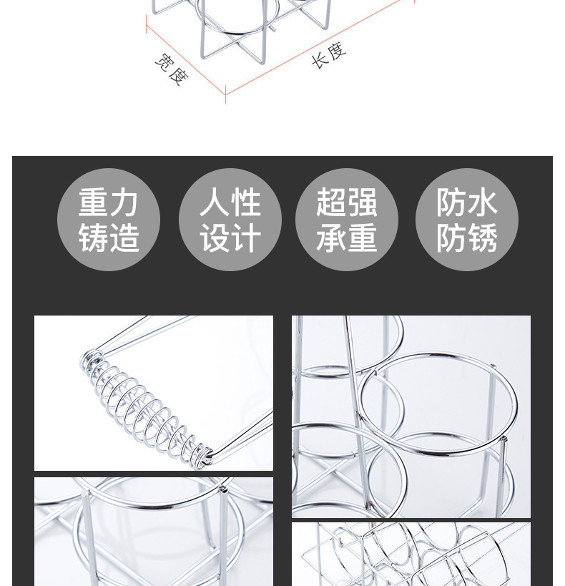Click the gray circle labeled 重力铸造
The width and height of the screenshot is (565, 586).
(x=109, y=220)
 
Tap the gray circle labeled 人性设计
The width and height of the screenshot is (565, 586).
(x=230, y=220)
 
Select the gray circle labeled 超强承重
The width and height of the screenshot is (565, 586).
(x=347, y=220)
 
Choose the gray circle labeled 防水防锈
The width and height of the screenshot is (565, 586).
(x=467, y=220)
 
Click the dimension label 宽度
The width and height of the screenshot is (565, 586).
(x=172, y=69)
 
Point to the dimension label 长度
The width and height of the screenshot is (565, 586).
(x=329, y=55)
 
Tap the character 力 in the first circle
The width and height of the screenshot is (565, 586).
(x=124, y=202)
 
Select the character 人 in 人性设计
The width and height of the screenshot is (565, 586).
(x=215, y=202)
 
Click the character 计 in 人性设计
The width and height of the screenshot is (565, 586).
(x=245, y=238)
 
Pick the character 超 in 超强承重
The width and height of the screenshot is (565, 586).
(x=331, y=202)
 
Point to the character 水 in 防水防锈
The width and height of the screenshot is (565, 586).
(x=482, y=202)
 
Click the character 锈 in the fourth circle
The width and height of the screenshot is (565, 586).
(x=482, y=238)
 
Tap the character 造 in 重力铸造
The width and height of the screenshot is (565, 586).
(x=124, y=238)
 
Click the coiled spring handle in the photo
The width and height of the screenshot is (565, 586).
(x=147, y=409)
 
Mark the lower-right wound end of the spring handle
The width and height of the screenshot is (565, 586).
(x=204, y=456)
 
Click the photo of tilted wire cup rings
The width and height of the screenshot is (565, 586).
(x=411, y=554)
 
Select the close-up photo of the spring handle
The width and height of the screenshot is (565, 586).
(x=154, y=393)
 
